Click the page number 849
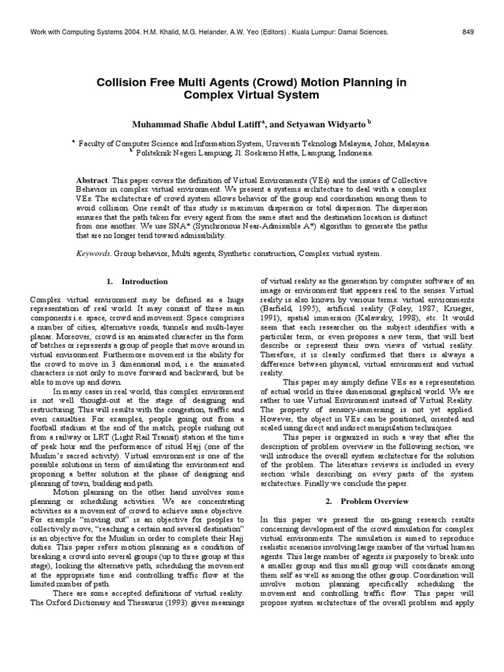coord(468,31)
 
